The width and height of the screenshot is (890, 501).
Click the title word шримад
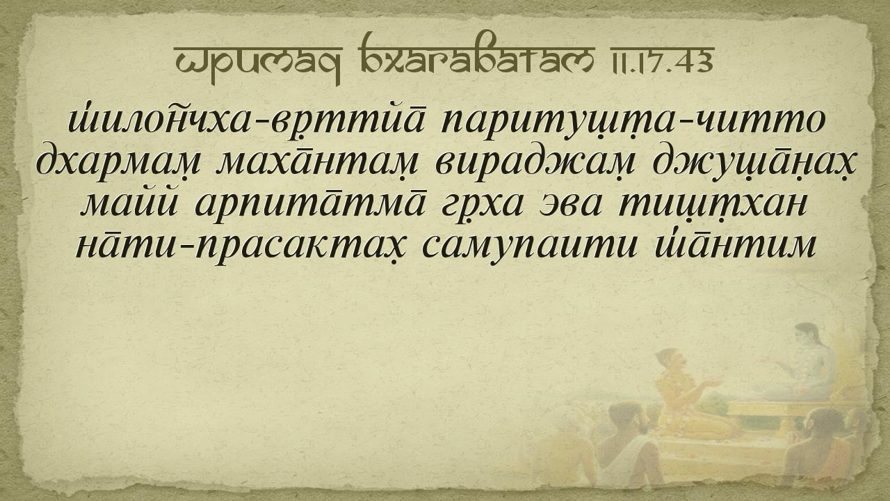258,61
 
